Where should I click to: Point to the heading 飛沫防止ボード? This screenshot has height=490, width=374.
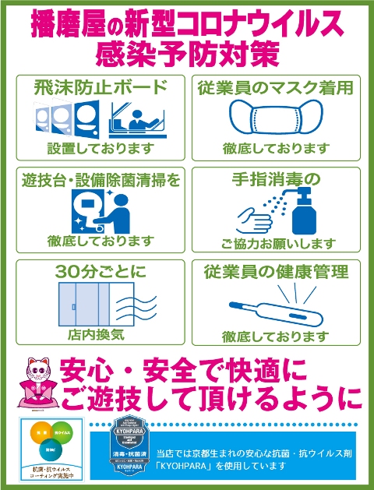tap(101, 86)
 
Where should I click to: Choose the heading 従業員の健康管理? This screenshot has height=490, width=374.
tap(276, 272)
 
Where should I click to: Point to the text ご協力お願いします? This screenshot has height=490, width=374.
tap(276, 243)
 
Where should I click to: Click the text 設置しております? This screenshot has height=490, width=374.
tap(101, 148)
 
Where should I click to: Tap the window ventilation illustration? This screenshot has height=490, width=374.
tap(101, 305)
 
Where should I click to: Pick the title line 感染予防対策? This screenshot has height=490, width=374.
tap(187, 55)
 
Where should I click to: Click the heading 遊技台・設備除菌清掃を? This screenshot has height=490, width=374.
tap(101, 180)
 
